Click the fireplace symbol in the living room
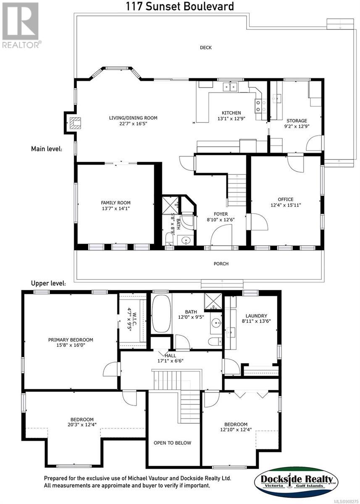pyautogui.click(x=75, y=123)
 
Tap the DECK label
pyautogui.click(x=206, y=47)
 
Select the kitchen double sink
pyautogui.click(x=230, y=87)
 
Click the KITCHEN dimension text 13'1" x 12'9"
pyautogui.click(x=231, y=118)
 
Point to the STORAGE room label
pyautogui.click(x=297, y=121)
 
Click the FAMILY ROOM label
pyautogui.click(x=116, y=203)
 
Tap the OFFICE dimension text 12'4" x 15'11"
pyautogui.click(x=286, y=205)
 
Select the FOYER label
pyautogui.click(x=221, y=214)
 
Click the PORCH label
pyautogui.click(x=221, y=263)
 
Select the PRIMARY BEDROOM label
pyautogui.click(x=71, y=339)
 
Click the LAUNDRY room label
pyautogui.click(x=256, y=316)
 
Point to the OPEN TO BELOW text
pyautogui.click(x=172, y=443)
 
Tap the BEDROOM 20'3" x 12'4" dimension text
pyautogui.click(x=82, y=425)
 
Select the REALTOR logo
pyautogui.click(x=20, y=25)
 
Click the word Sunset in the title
pyautogui.click(x=163, y=6)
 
